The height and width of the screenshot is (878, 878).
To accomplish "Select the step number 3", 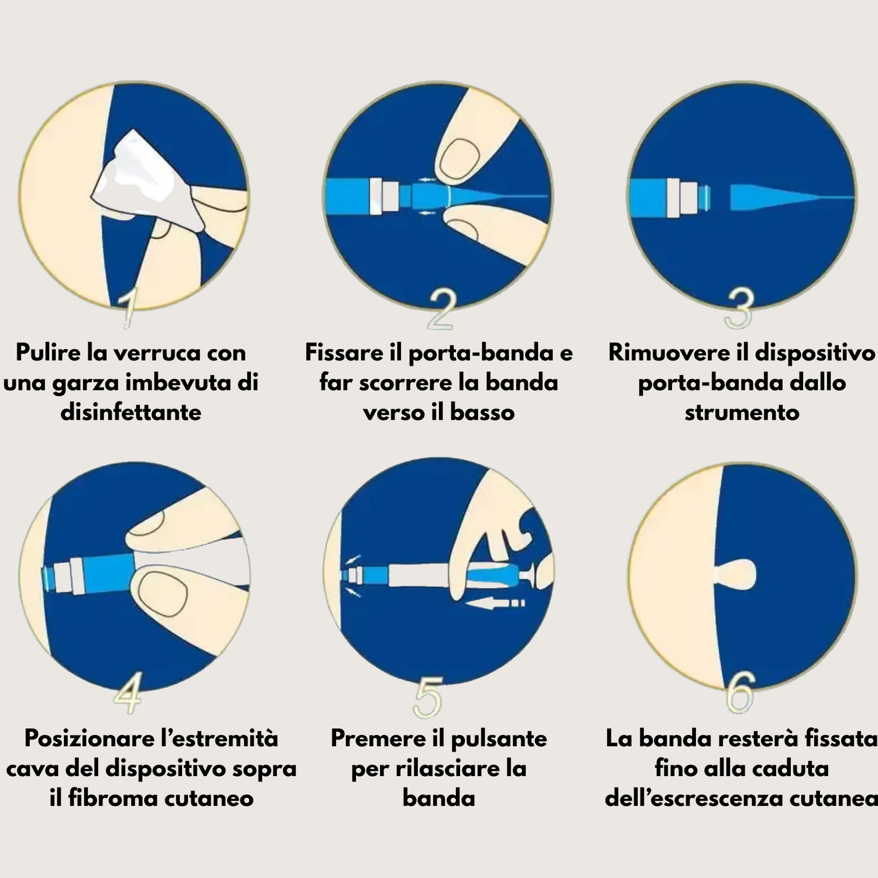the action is click(739, 308).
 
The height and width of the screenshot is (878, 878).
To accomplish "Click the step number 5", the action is click(428, 697).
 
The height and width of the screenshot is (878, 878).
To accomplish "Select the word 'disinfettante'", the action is click(131, 412).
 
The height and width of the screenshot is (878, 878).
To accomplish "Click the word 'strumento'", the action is click(742, 412).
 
